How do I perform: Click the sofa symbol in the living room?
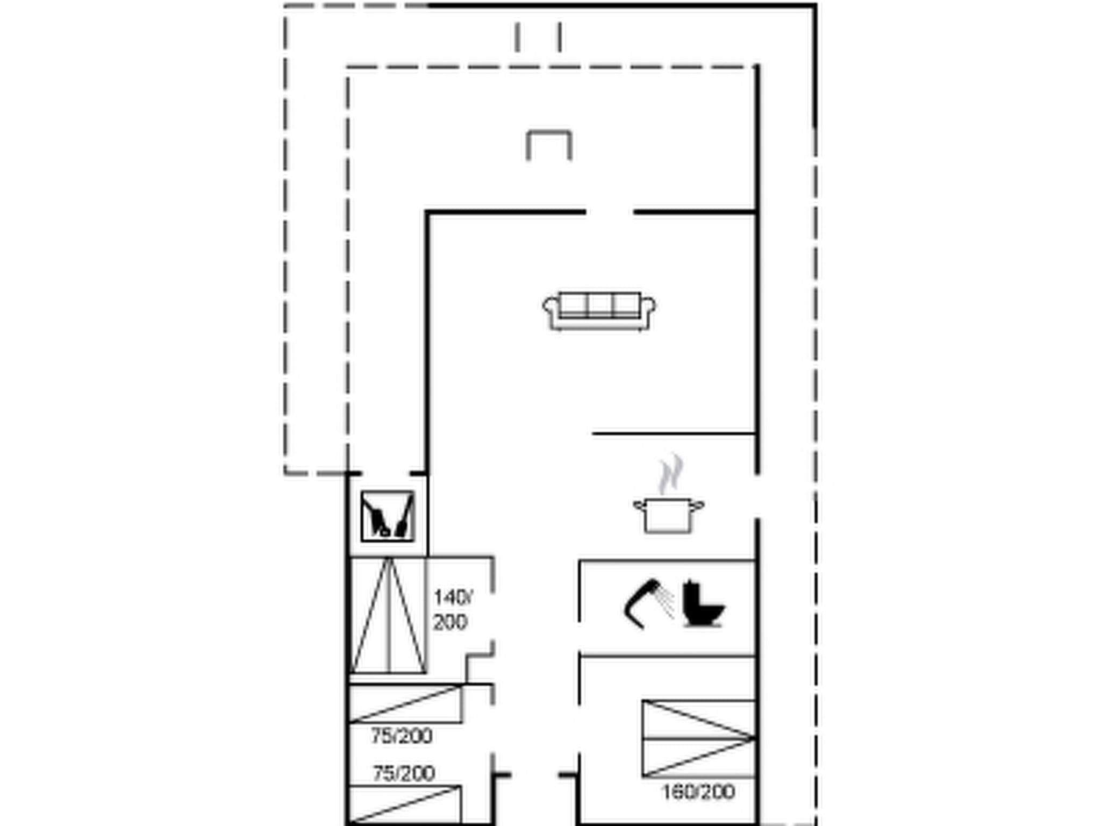click(599, 311)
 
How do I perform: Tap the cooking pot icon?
click(668, 515)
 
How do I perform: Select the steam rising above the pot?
click(671, 474)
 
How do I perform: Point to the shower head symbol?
click(648, 602)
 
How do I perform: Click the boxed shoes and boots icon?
click(388, 516)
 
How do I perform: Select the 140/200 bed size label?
click(452, 609)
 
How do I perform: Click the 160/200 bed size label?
click(698, 792)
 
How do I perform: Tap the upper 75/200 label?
click(402, 736)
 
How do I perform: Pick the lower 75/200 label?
click(404, 773)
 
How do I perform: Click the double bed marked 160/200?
click(698, 738)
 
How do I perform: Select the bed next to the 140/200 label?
click(388, 615)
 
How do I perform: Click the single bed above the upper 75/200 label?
click(405, 704)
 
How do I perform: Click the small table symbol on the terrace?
click(548, 144)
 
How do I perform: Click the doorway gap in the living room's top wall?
click(609, 212)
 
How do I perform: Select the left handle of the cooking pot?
click(639, 505)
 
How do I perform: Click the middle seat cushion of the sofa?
click(599, 305)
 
